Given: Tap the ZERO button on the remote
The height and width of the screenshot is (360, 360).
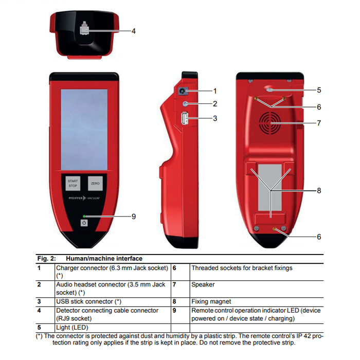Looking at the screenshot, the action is pos(95,184).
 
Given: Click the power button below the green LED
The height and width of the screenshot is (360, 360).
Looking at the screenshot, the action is pos(84,223).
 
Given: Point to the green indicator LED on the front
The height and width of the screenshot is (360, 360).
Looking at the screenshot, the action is pos(84,217).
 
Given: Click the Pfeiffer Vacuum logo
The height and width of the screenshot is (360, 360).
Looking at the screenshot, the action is pos(84,198).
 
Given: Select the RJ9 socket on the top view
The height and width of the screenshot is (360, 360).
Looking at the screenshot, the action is pos(83,29).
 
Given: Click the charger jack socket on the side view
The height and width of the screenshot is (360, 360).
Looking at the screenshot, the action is pos(183,91).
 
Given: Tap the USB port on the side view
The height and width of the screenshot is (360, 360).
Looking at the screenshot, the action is pos(185,118).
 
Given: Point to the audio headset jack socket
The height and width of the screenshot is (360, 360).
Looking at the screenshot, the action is pos(185,104).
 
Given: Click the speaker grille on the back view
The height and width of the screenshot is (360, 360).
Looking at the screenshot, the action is pos(270,123).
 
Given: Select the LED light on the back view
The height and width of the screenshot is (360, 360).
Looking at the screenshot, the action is pos(270,90).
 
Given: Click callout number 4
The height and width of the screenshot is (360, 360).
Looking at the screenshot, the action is pos(133,31).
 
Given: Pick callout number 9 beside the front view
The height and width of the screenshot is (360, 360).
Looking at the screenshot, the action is pos(134,217).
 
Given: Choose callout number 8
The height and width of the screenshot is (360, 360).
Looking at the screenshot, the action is pos(319,191).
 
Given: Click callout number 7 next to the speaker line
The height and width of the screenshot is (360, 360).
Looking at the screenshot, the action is pos(319,123).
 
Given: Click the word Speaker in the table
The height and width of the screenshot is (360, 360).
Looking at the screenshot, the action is pos(203,284).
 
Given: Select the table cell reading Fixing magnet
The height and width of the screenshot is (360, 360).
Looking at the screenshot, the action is pos(211,301).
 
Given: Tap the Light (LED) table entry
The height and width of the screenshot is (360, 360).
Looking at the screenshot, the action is pos(72,328).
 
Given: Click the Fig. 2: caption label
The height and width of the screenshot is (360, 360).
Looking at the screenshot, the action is pos(47,259).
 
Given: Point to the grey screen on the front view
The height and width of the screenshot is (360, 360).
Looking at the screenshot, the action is pos(84,130).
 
